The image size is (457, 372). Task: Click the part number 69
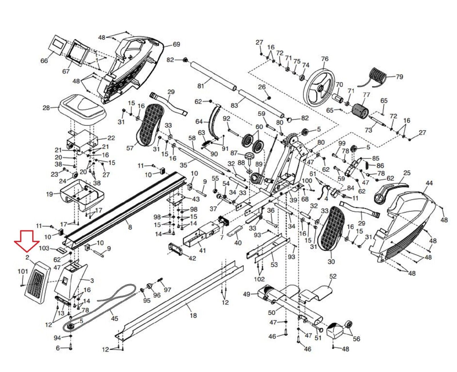click(x=176, y=44)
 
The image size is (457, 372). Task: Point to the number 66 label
click(x=44, y=61)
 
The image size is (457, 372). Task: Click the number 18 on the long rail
click(x=193, y=315)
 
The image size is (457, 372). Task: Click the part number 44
click(x=429, y=183)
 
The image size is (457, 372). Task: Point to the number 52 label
click(x=333, y=276)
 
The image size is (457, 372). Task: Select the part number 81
click(x=201, y=85)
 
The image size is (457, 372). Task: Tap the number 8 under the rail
click(x=130, y=227)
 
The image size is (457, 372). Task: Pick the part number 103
click(x=44, y=248)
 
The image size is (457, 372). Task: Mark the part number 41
click(x=202, y=251)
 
